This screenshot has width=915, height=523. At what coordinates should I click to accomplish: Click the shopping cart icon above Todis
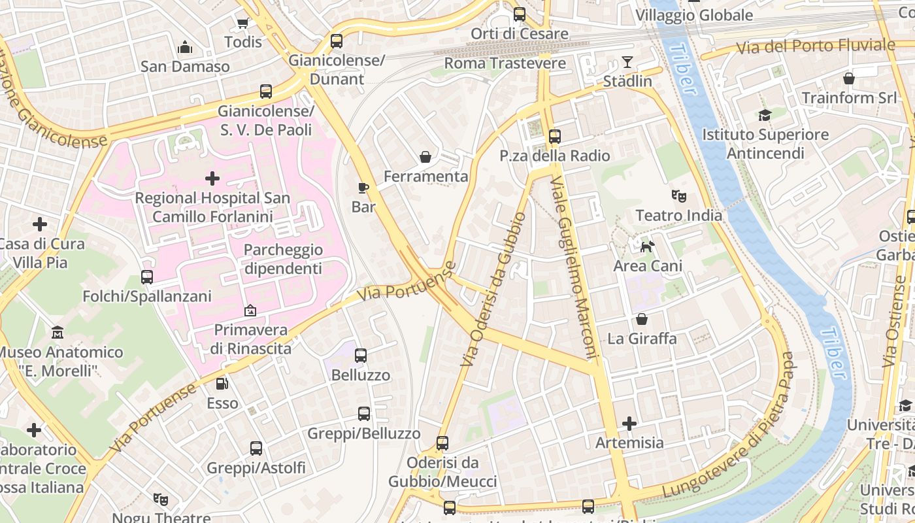click(242, 23)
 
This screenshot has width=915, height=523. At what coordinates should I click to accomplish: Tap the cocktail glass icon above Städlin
click(627, 62)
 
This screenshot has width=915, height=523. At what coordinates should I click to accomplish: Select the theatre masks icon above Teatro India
click(679, 196)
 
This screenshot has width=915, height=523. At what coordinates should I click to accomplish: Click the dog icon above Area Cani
click(648, 246)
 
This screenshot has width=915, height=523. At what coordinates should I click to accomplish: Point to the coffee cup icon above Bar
click(363, 188)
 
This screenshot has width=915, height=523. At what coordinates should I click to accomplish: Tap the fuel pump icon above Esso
click(222, 384)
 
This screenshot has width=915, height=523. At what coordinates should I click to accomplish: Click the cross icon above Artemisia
click(629, 424)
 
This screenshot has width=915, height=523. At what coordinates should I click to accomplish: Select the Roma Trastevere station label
click(505, 63)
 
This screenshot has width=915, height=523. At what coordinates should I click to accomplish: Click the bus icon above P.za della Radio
click(555, 137)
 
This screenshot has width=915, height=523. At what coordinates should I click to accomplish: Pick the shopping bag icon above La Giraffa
click(642, 320)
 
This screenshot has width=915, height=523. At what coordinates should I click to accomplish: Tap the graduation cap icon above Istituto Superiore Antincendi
click(765, 116)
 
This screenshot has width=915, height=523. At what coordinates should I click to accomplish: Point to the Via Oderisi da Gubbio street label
click(493, 289)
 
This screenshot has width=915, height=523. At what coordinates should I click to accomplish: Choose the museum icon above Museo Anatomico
click(58, 333)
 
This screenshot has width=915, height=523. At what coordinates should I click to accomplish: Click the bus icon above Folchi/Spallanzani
click(147, 277)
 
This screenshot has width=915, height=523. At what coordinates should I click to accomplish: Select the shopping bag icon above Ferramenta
click(425, 157)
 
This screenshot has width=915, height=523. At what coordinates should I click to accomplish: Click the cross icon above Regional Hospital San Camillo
click(212, 178)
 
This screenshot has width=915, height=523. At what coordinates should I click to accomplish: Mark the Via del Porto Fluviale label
click(815, 46)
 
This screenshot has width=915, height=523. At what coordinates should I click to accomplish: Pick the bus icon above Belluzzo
click(361, 356)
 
